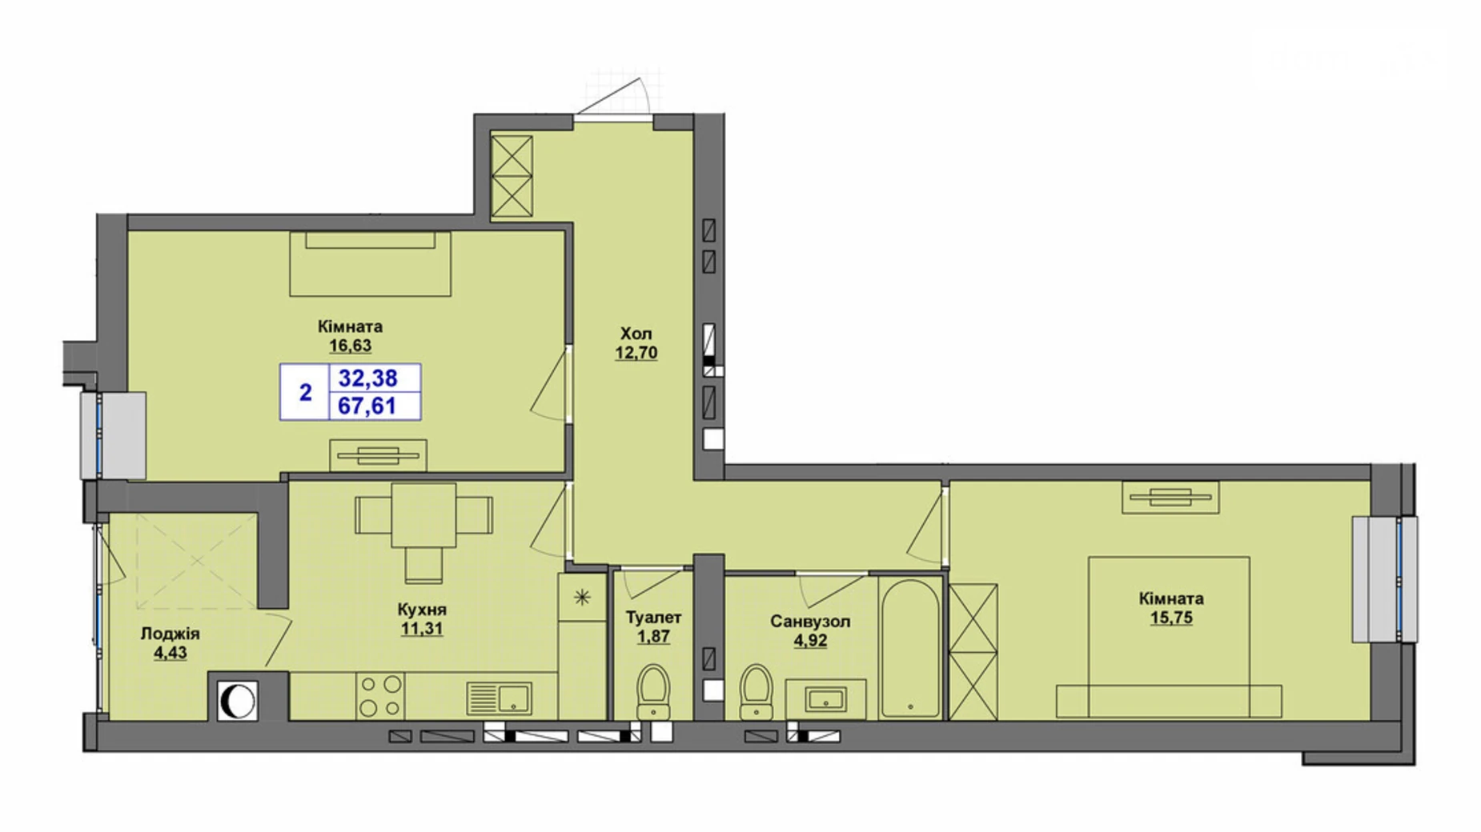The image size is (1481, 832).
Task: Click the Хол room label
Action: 636,334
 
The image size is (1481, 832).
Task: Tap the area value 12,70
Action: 636,353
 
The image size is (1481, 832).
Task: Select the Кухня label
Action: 422,610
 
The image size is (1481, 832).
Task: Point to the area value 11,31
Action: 422,629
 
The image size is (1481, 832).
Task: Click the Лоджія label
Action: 170,634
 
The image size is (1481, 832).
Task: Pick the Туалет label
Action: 653,618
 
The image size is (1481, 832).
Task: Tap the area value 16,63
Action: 350,346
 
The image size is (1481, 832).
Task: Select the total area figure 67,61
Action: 367,406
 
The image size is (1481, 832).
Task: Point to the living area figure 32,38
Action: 367,378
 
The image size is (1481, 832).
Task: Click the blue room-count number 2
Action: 305,392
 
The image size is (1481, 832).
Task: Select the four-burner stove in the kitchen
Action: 380,695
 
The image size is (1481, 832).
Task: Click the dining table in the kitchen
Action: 423,514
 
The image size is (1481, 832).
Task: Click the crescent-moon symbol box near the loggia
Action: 237,702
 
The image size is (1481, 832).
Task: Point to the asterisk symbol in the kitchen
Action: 582,596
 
